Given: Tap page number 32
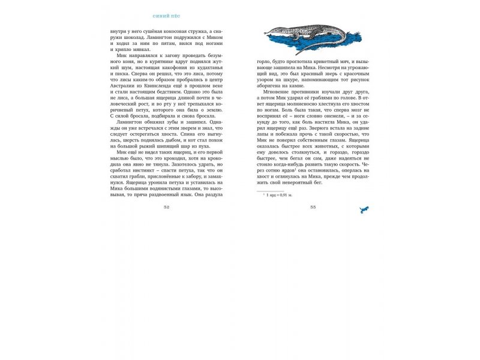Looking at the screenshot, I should [166, 207].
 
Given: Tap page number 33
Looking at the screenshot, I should [313, 207].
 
